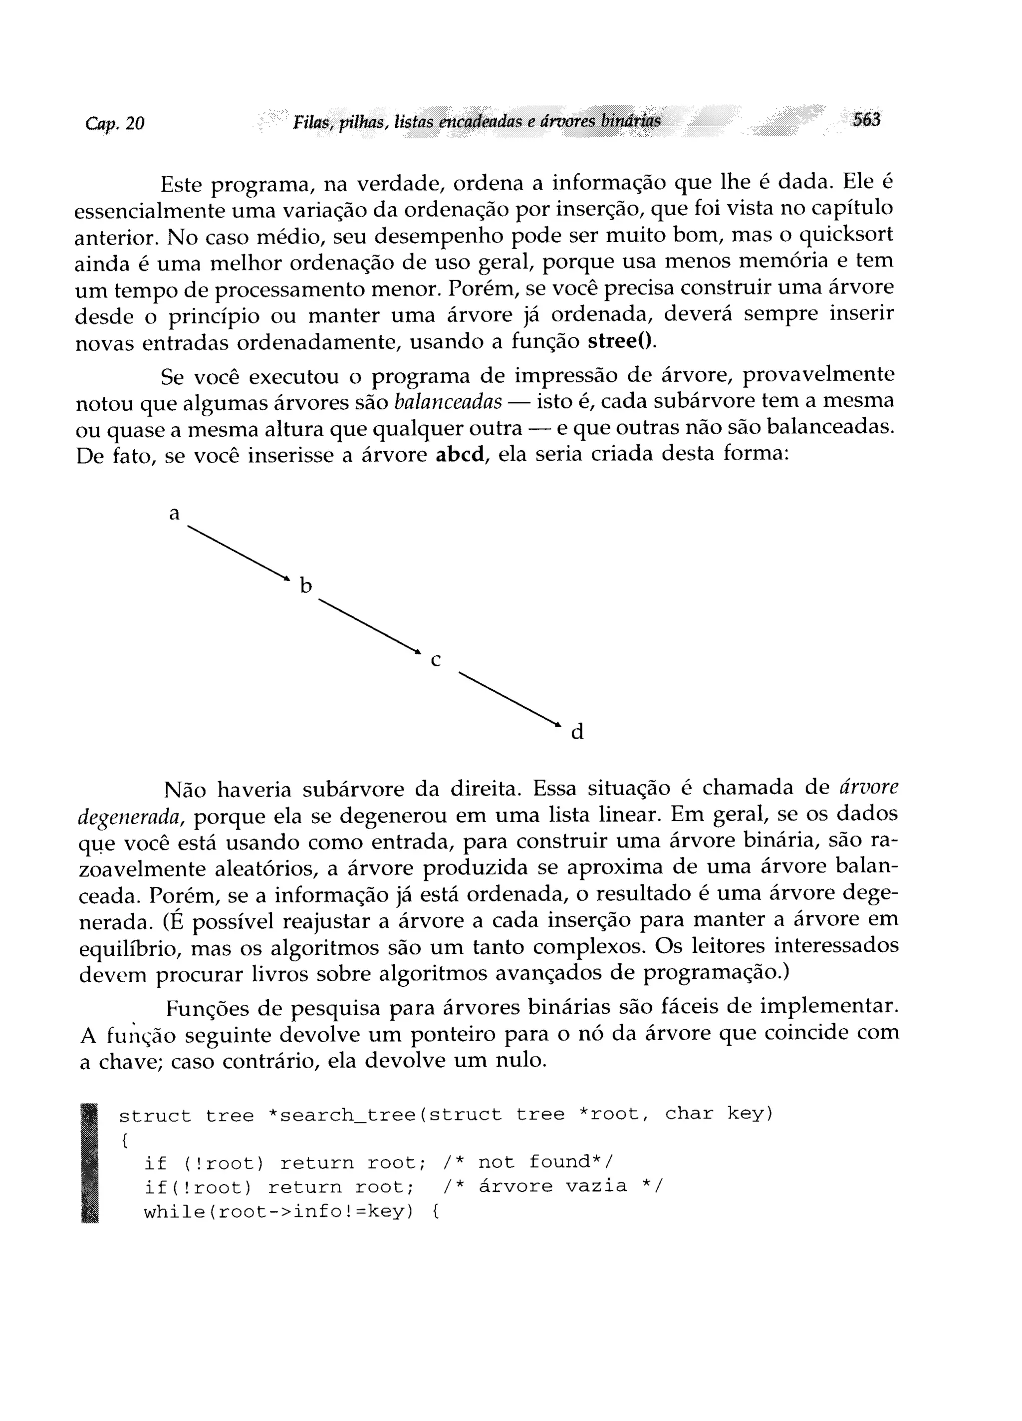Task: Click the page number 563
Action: coord(866,120)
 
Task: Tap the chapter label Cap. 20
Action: coord(115,123)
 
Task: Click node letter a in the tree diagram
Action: coord(174,514)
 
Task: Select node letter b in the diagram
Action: coord(306,586)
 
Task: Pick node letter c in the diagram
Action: coord(436,660)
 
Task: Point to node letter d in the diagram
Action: coord(577,732)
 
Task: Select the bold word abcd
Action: coord(461,454)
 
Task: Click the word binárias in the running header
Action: coord(630,120)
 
